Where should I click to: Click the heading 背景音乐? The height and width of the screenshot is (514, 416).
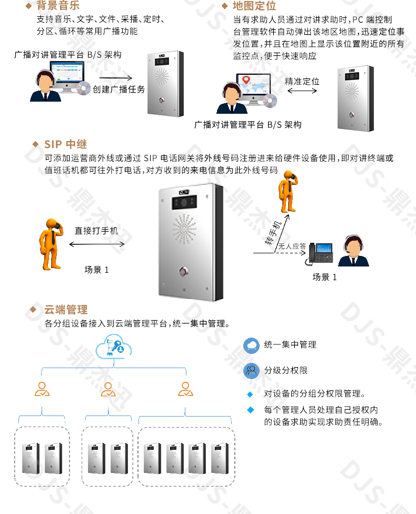[58, 5]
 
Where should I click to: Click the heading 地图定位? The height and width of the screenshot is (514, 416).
[254, 6]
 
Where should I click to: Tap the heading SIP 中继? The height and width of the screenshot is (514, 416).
[66, 144]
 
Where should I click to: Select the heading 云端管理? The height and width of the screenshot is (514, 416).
[66, 310]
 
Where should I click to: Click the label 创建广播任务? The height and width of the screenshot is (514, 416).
[118, 89]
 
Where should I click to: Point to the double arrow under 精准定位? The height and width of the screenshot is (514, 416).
[302, 91]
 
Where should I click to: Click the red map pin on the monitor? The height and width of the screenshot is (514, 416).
[246, 80]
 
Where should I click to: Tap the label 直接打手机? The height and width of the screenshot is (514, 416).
[96, 231]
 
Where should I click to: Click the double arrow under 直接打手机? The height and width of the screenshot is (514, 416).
[97, 244]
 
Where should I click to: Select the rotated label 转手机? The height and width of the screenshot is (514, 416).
[273, 233]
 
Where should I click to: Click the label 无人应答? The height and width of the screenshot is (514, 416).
[292, 246]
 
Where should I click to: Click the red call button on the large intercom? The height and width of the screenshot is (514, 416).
[184, 271]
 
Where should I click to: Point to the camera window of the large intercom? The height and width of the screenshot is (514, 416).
[184, 203]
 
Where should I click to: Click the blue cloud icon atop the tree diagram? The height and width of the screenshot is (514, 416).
[113, 347]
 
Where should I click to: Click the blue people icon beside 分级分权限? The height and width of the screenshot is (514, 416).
[251, 371]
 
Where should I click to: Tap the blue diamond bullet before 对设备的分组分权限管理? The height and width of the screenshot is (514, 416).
[250, 394]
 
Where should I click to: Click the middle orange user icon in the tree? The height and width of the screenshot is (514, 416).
[108, 389]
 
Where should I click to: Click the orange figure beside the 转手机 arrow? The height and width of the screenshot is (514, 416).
[288, 192]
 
